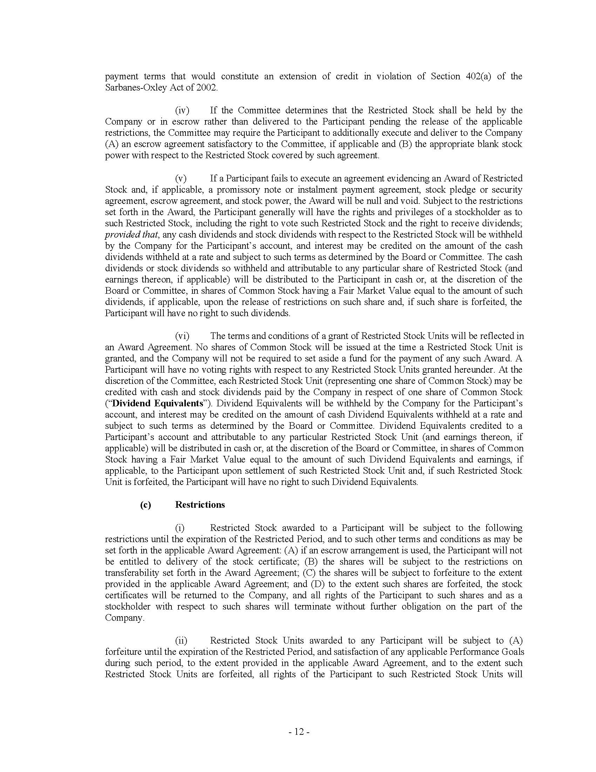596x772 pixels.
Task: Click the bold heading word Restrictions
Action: [200, 504]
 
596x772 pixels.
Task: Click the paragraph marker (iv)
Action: [182, 110]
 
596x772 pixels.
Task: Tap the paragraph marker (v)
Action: [181, 178]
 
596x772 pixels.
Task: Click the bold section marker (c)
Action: [145, 504]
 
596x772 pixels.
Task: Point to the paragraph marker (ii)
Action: [181, 640]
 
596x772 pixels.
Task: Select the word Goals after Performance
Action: [511, 652]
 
